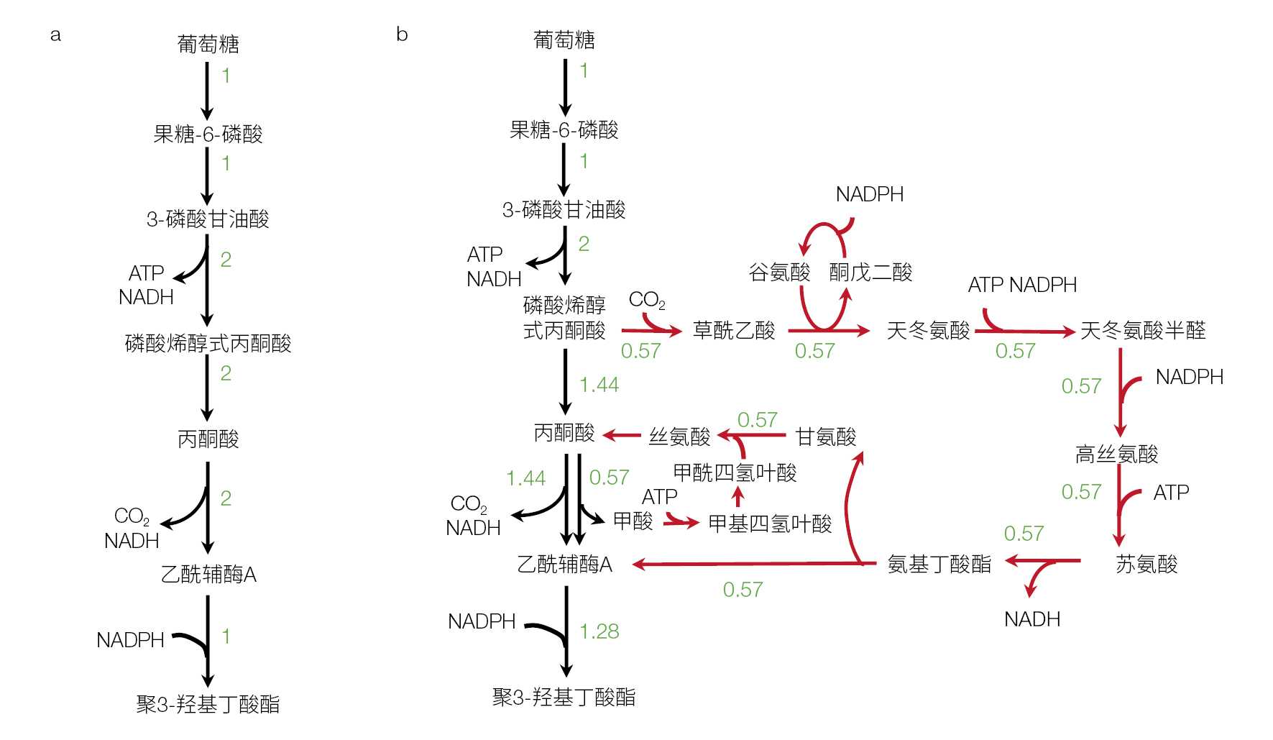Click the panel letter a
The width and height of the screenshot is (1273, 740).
click(55, 35)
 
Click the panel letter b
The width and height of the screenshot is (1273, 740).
click(402, 34)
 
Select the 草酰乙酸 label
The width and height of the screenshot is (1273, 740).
click(734, 331)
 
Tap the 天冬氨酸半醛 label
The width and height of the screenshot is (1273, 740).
click(1142, 331)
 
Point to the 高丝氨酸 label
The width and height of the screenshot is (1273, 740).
click(1116, 454)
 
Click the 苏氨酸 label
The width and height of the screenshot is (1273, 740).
click(1146, 565)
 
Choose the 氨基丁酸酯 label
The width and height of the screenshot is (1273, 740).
click(939, 565)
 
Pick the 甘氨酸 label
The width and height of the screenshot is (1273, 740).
click(826, 437)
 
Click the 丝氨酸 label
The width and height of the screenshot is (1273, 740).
click(679, 437)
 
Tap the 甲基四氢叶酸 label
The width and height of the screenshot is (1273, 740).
click(769, 524)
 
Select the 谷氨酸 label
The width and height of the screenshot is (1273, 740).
click(779, 273)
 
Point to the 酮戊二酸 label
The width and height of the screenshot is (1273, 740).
click(870, 273)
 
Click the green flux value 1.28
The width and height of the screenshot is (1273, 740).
click(599, 631)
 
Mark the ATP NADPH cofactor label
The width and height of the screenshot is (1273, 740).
click(1021, 286)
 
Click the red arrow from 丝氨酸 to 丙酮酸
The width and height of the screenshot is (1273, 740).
click(622, 436)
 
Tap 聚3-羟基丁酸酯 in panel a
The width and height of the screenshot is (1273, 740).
click(208, 704)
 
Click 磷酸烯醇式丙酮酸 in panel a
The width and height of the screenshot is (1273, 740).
click(208, 344)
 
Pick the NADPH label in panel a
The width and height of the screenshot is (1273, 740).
click(130, 640)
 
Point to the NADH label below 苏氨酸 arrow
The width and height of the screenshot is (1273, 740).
click(1031, 619)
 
